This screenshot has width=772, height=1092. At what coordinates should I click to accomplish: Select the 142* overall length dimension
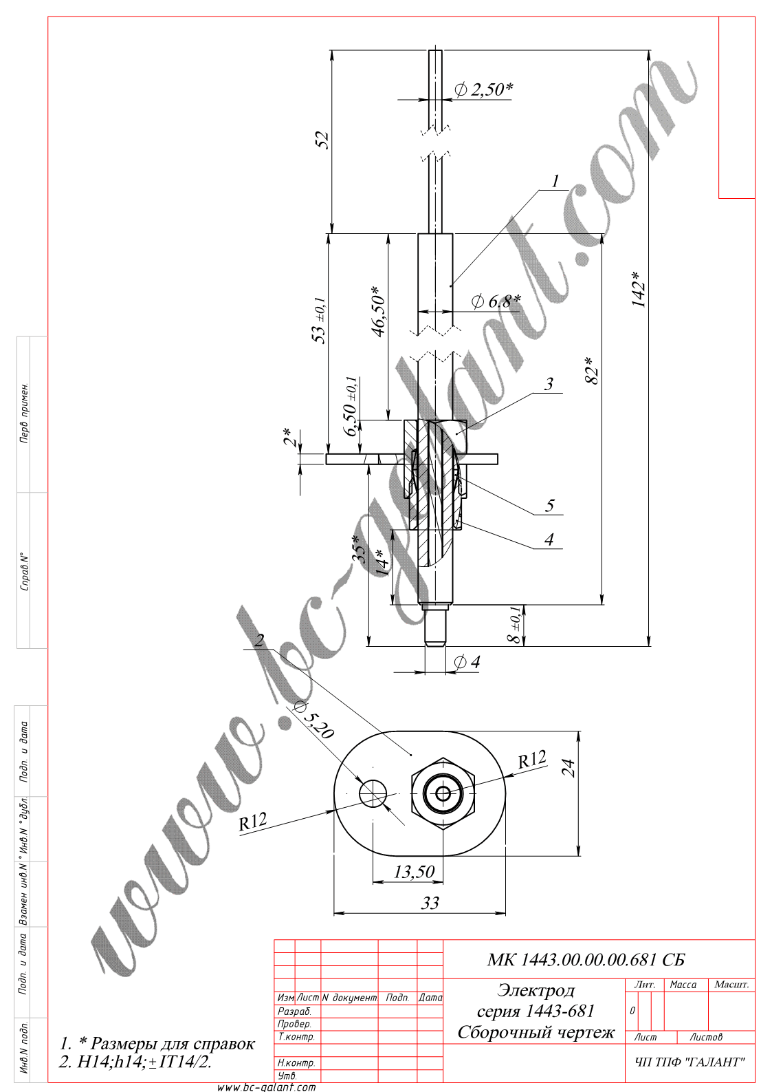pos(639,289)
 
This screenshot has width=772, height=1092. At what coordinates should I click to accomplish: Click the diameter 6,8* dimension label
pos(496,301)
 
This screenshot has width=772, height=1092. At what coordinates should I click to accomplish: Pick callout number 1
pos(555,181)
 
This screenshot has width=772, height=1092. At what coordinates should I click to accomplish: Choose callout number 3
pos(549,384)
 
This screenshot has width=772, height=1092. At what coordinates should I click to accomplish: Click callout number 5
pos(549,506)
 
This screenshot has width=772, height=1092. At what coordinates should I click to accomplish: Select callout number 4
pos(549,539)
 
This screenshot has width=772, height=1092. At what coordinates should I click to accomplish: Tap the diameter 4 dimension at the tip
pos(467,662)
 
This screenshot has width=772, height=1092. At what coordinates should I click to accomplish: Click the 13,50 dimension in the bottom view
pos(414,872)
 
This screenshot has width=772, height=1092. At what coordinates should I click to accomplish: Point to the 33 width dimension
pos(430,903)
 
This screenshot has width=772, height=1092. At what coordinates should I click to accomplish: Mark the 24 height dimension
pos(568,767)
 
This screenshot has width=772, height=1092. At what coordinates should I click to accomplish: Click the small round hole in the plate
pos(373,793)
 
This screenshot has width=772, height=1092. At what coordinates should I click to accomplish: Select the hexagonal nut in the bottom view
pos(443,794)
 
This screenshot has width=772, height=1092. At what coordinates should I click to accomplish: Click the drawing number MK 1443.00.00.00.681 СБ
pos(586,960)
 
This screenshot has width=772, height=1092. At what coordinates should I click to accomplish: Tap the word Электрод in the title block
pos(536,990)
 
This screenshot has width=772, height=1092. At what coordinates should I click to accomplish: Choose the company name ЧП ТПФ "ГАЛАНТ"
pos(690,1062)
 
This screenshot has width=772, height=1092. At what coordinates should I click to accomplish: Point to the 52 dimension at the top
pos(322,140)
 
